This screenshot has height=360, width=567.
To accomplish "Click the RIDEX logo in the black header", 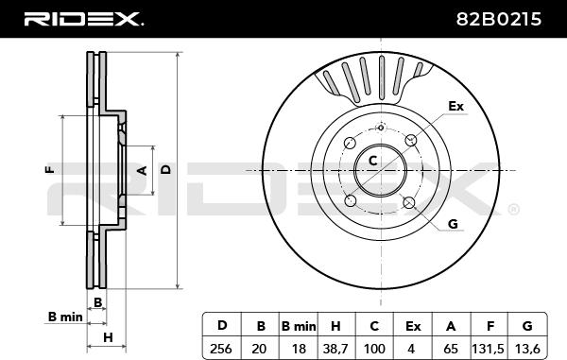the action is coord(83,19).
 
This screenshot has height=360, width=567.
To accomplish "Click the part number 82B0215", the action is coord(499,19).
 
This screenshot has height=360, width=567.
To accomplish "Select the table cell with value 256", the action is coord(221,349).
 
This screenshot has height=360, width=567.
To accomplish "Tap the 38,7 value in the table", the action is coord(335,349).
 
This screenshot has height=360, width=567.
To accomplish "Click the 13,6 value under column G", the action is coord(527,349).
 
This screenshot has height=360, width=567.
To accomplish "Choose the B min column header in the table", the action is coord(299,326).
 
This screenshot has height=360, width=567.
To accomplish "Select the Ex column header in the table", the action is coord(413,326).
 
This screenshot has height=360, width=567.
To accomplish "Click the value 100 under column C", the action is coord(374,349).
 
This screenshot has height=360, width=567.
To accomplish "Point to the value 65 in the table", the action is coord(451,349).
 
